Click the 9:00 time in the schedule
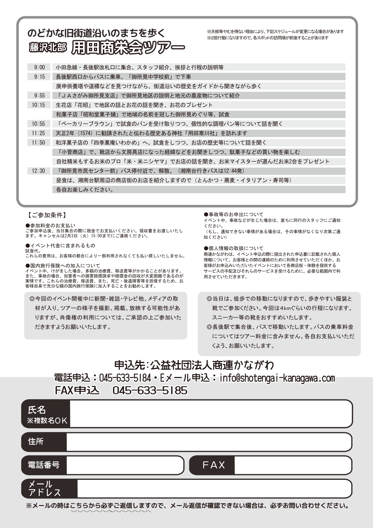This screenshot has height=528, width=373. point(39,67)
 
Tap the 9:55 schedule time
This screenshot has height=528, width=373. point(39,96)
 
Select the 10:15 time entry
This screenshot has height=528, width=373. point(38,105)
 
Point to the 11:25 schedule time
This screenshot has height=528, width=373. point(38,133)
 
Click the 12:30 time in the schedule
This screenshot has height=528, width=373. point(38,171)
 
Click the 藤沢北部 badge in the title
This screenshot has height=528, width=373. point(47,47)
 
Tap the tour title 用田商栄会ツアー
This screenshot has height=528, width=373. point(128,47)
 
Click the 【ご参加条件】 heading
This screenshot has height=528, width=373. point(47,215)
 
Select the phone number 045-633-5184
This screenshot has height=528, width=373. point(125,378)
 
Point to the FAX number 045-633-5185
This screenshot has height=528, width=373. point(150,390)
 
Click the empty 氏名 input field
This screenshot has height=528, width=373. point(210,414)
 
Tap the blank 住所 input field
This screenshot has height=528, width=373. point(209,442)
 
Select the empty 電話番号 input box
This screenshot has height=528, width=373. point(124,465)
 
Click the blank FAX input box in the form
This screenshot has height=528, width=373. point(292,465)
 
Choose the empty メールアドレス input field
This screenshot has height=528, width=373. point(214,488)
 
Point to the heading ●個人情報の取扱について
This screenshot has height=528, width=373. point(234,248)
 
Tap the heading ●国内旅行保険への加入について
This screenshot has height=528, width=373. point(63,266)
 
